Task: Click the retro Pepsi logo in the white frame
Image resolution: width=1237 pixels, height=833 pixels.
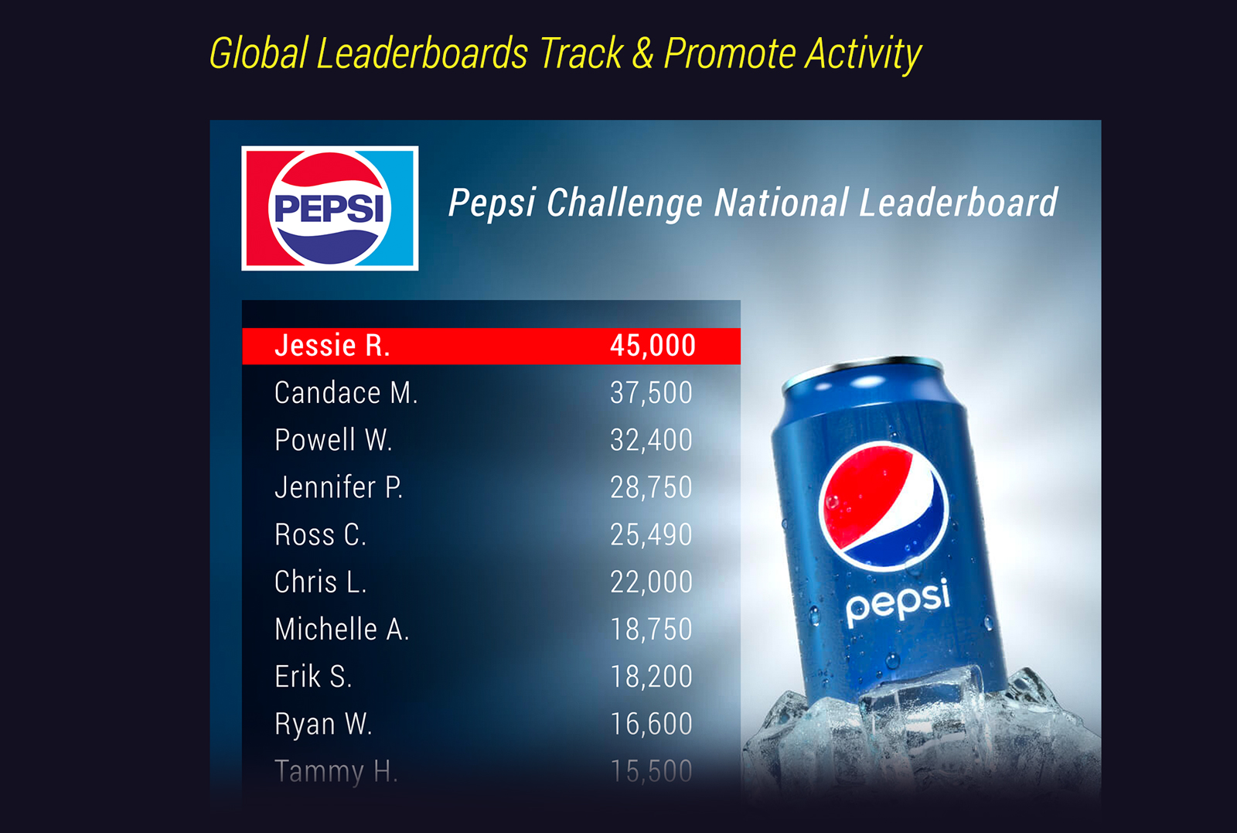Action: [329, 208]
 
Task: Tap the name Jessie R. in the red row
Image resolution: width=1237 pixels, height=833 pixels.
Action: [332, 346]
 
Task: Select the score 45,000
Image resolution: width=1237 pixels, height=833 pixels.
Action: [653, 346]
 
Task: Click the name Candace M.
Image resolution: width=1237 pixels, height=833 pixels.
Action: [346, 393]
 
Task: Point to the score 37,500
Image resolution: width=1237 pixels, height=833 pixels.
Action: [651, 393]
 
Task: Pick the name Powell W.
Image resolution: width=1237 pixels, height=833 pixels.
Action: [333, 440]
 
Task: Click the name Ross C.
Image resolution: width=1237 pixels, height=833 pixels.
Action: [320, 534]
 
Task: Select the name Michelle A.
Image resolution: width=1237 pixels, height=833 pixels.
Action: [342, 629]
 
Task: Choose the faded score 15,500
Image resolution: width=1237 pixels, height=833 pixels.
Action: [651, 771]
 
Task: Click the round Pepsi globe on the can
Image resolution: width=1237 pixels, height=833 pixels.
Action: [883, 505]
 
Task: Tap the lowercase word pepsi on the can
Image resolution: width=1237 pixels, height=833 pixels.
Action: [898, 603]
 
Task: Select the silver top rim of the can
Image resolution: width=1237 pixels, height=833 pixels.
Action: [863, 369]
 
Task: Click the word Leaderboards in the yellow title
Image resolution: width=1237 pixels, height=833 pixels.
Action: [422, 53]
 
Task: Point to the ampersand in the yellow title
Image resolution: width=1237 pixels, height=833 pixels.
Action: [642, 54]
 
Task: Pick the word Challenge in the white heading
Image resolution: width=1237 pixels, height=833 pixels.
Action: [624, 203]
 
